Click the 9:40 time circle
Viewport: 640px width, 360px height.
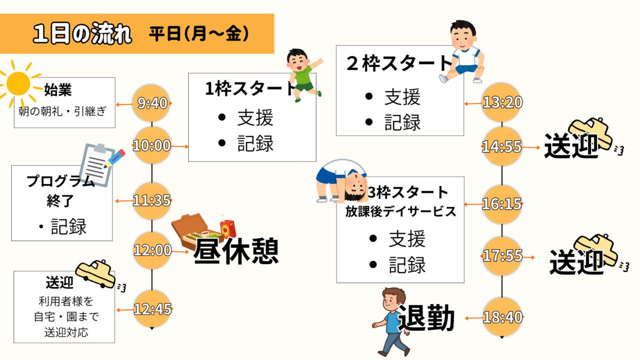point(153,103)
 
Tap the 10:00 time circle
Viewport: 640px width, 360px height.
point(152,145)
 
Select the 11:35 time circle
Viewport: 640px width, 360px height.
point(152,201)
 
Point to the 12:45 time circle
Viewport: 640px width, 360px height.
point(152,309)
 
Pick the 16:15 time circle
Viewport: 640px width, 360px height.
point(502,204)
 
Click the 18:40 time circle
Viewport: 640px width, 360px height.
point(502,317)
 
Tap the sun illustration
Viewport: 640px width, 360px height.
point(19,83)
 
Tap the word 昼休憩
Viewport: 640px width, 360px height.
point(236,251)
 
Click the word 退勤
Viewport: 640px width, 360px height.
point(426,318)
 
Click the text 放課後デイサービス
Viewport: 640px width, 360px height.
point(400,212)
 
